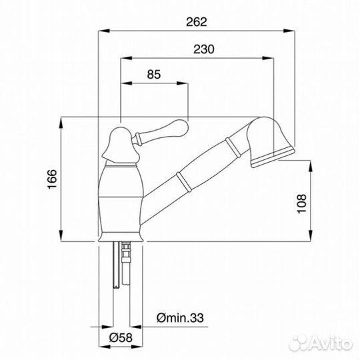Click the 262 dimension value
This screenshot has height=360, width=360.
pyautogui.click(x=197, y=22)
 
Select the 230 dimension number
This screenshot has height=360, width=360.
pyautogui.click(x=203, y=49)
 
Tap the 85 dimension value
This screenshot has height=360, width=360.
pyautogui.click(x=154, y=75)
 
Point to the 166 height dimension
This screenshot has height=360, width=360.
pyautogui.click(x=52, y=179)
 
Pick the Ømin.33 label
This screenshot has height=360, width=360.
pyautogui.click(x=180, y=318)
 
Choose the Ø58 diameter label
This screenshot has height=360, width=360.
pyautogui.click(x=121, y=338)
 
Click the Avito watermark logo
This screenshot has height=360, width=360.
pyautogui.click(x=321, y=343)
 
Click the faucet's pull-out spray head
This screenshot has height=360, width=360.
pyautogui.click(x=270, y=142)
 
